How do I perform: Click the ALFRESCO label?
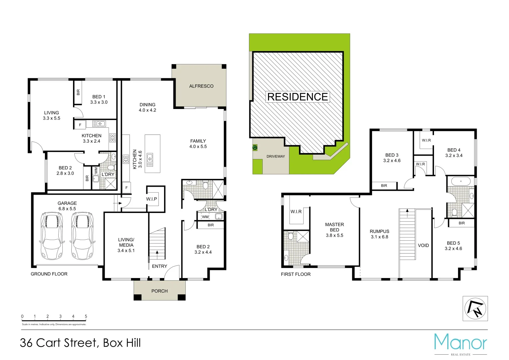201,86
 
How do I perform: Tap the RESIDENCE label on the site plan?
297,97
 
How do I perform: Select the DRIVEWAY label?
276,156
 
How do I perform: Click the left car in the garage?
51,236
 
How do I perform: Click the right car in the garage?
82,236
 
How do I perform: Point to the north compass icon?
475,308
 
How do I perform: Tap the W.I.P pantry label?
151,199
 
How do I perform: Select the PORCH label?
159,291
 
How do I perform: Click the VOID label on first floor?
423,245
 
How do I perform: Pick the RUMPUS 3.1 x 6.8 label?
379,234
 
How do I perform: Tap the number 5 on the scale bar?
86,316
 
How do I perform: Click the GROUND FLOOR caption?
49,274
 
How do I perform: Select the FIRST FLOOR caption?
296,274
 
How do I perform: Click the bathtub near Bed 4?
461,182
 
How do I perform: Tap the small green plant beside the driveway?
255,147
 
